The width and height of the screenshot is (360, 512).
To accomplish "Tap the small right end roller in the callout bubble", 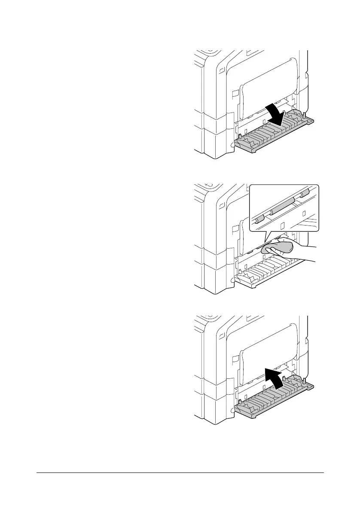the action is (x=305, y=194).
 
